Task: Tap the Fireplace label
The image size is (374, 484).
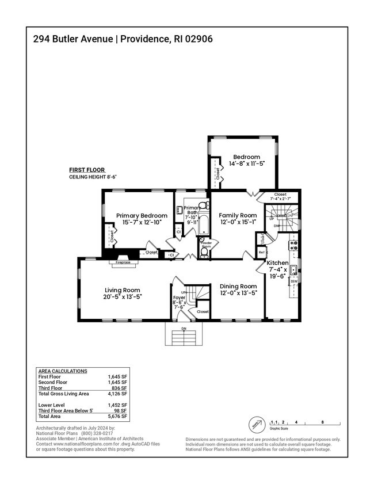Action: pos(123,262)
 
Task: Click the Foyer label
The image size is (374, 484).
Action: pos(180,298)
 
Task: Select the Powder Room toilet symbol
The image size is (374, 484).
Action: pos(204,251)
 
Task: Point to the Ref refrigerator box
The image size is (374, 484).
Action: pos(262,252)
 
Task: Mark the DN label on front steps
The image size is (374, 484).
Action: pos(184,329)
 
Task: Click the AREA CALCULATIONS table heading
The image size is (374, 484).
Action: pos(62,371)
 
